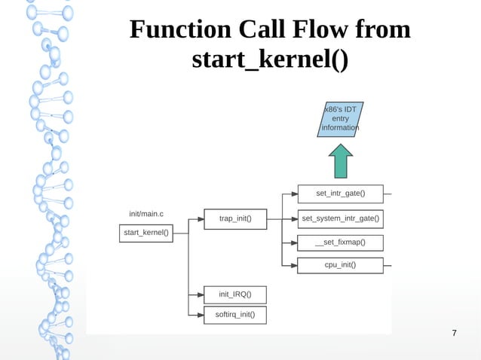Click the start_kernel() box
click(146, 233)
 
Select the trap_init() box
click(235, 219)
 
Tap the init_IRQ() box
click(235, 294)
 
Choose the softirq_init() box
click(235, 315)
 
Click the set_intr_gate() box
click(340, 194)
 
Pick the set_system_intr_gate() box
click(340, 219)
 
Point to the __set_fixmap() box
click(340, 243)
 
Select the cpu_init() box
click(340, 264)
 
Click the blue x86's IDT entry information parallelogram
click(341, 119)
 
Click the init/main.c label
click(146, 214)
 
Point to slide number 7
click(454, 334)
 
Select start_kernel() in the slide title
click(270, 59)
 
